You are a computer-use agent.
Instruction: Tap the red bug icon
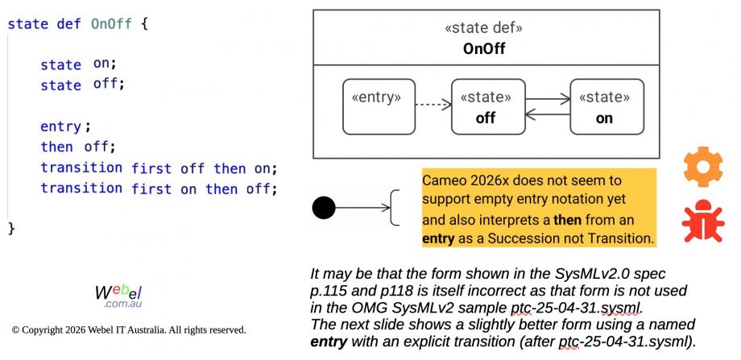[702, 222]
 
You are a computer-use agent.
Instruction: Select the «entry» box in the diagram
[379, 106]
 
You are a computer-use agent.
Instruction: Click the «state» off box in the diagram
[486, 106]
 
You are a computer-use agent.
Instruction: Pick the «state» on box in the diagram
[604, 106]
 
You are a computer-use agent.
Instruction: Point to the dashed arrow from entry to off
[433, 105]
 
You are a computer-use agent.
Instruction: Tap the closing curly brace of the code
[11, 228]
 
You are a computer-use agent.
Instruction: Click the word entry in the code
[61, 126]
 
